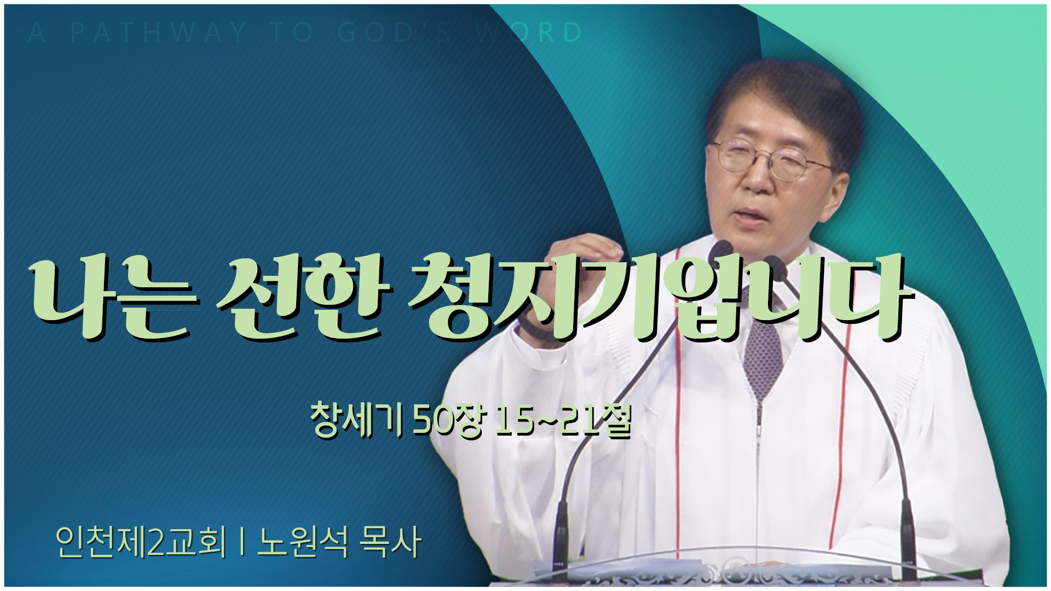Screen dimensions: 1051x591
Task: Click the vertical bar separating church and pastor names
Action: tap(241, 543)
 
